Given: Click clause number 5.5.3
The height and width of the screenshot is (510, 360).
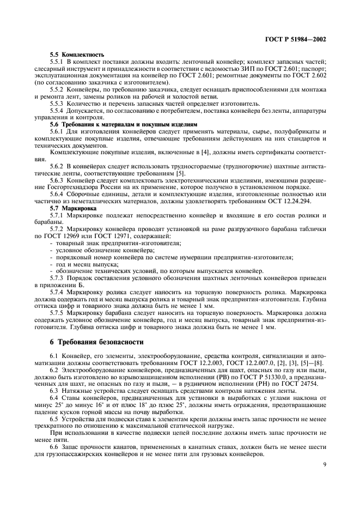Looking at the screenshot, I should [x=57, y=104].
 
